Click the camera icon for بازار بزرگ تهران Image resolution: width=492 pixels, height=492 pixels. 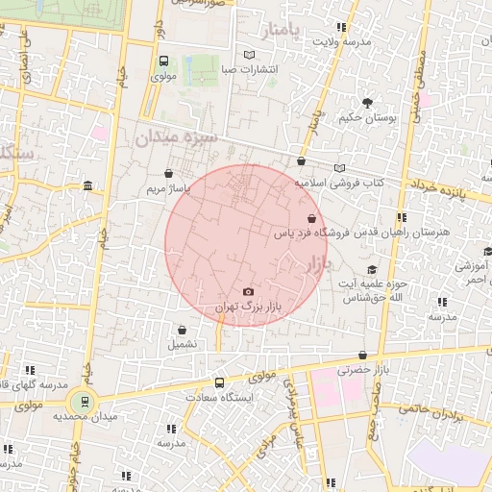[249, 292]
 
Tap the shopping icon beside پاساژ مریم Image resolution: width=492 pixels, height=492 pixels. [170, 174]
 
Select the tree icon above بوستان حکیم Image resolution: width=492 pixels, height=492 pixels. [366, 103]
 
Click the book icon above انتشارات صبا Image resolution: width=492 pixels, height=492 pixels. [250, 55]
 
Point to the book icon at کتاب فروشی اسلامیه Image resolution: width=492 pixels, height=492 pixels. [338, 168]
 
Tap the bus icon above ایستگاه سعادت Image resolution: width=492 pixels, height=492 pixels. [221, 381]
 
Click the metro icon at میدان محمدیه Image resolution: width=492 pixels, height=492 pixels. [84, 401]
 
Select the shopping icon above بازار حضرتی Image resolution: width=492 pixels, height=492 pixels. [361, 355]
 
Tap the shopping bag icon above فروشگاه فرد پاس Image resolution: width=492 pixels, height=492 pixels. [311, 218]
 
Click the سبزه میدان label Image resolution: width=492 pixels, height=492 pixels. [177, 138]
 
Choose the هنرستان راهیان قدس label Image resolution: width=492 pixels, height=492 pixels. [445, 233]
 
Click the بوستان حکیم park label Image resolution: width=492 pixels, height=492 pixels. [366, 117]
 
